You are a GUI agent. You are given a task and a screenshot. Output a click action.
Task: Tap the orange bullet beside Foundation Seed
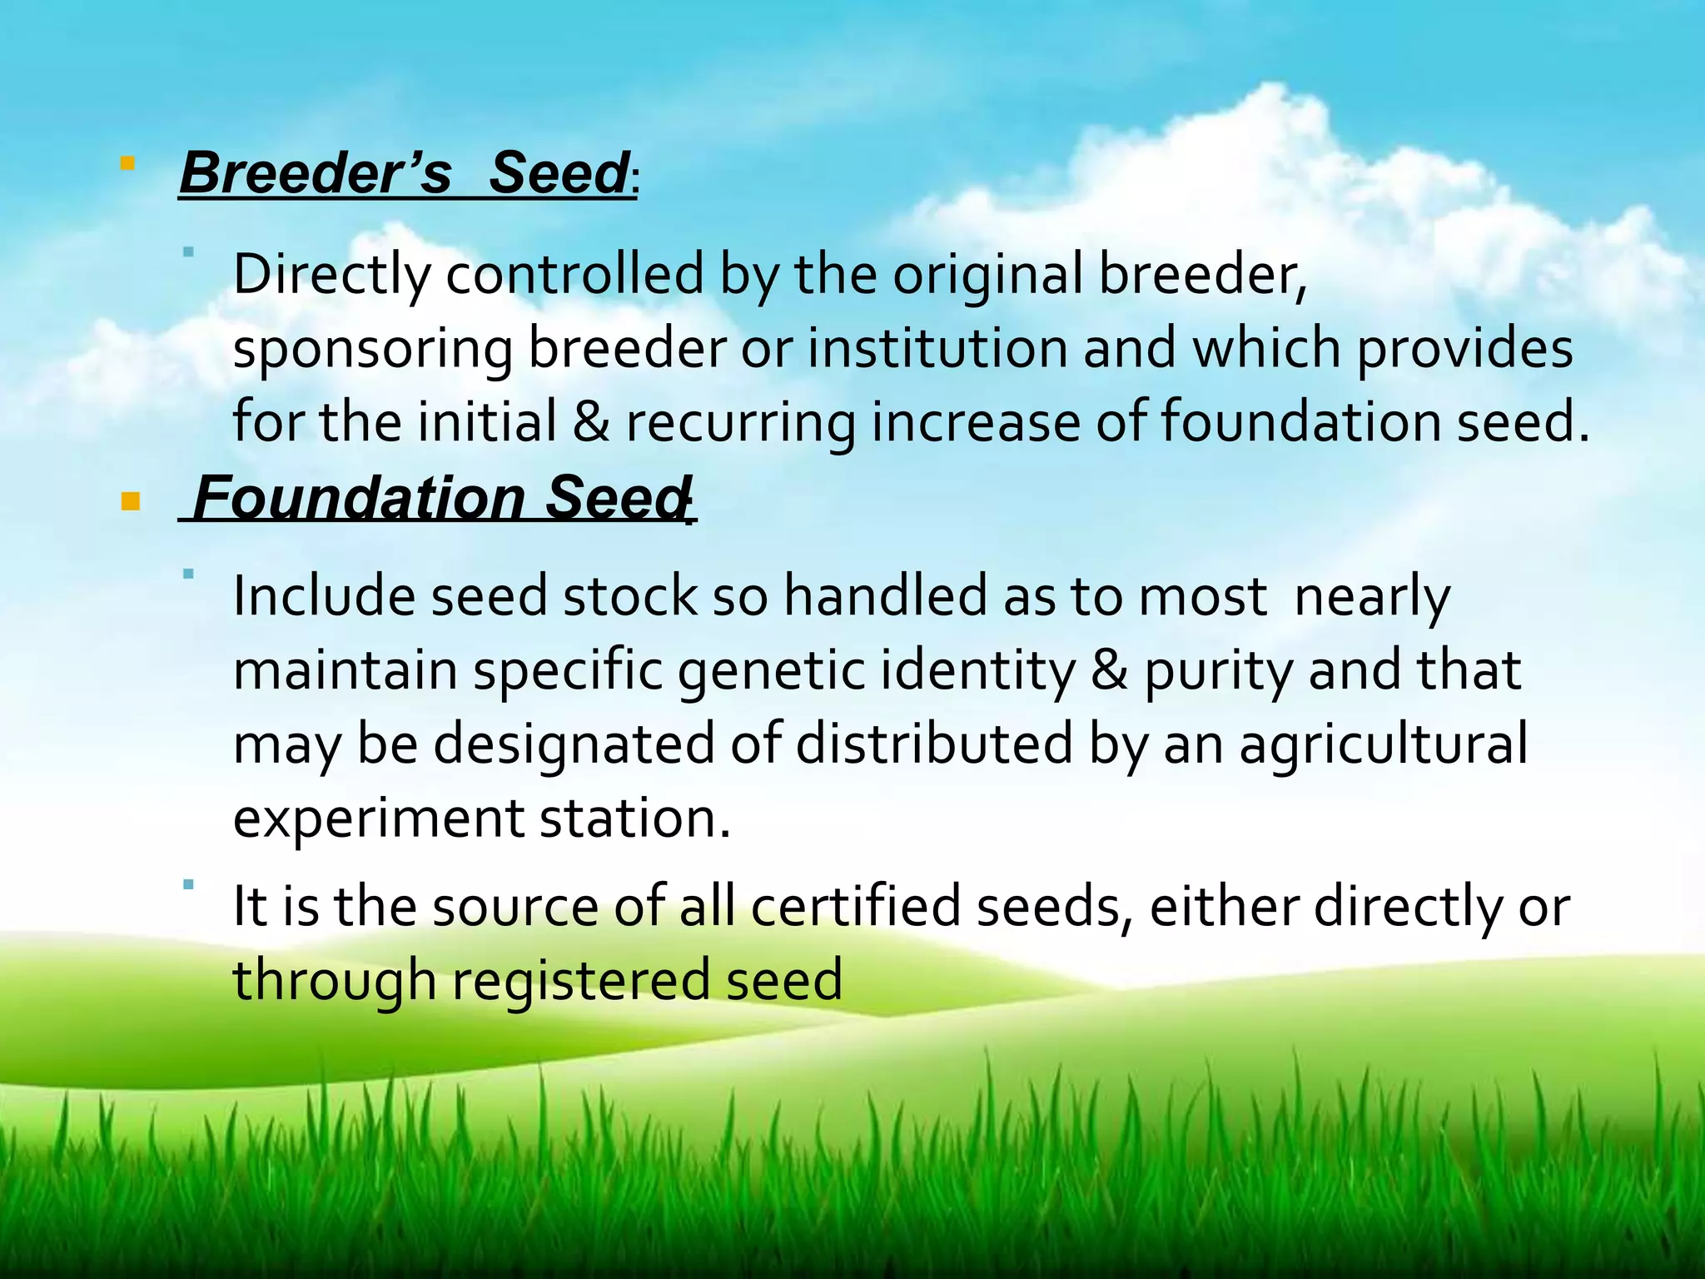pos(131,501)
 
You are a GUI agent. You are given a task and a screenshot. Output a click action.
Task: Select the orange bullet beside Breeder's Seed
pos(127,163)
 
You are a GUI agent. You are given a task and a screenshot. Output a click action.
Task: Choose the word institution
pos(937,348)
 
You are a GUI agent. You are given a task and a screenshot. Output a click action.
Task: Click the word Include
pos(323,597)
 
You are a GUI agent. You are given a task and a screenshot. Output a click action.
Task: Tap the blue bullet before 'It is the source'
pos(189,884)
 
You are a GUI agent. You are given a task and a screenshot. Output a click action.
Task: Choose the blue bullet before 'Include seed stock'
pos(189,574)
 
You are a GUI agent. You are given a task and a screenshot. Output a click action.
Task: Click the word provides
pos(1465,350)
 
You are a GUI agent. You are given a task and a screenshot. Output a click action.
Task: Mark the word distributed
pos(934,744)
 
